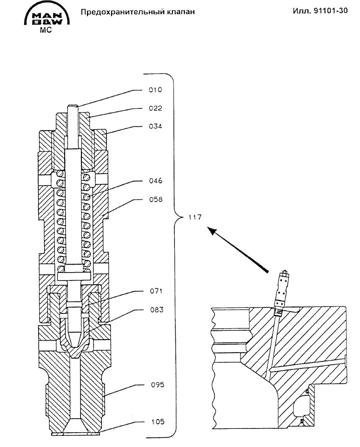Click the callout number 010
pos(155,90)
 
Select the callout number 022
pos(155,108)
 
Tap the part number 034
pos(155,126)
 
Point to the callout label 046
pos(156,181)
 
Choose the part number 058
pos(156,199)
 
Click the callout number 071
pos(156,291)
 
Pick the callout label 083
pos(157,310)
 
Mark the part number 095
pos(158,385)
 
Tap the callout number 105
pos(158,421)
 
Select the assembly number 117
pos(195,217)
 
